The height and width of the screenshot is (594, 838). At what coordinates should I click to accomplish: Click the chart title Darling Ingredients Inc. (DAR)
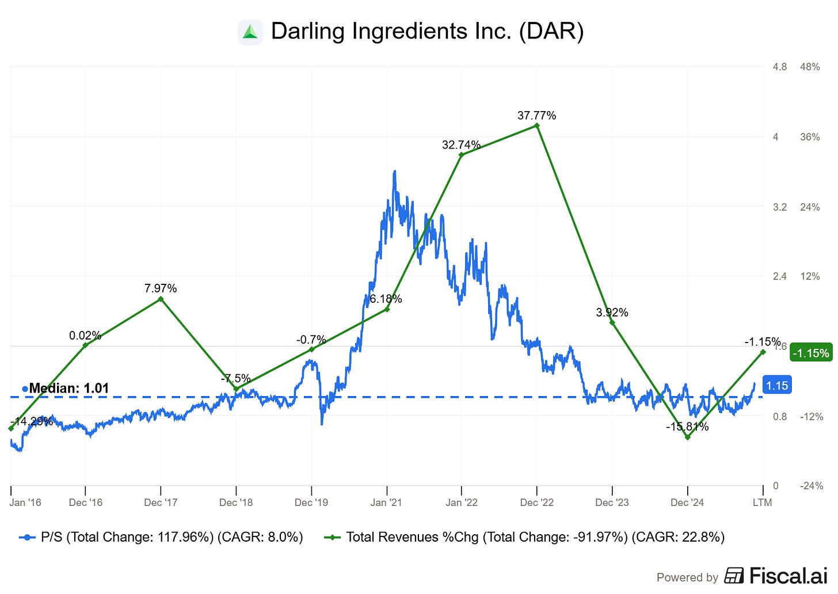coord(427,31)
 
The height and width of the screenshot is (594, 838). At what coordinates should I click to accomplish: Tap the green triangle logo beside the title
coord(250,32)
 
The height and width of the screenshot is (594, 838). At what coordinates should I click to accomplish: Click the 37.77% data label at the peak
coord(536,116)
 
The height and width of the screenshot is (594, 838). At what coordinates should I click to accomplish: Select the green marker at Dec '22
coord(537,125)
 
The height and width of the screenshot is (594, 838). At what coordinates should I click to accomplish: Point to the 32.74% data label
coord(461,145)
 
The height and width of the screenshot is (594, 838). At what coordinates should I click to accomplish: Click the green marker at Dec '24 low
coord(688,437)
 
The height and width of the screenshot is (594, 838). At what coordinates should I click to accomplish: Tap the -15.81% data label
coord(687,427)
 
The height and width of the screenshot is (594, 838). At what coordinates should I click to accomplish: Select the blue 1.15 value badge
coord(777,386)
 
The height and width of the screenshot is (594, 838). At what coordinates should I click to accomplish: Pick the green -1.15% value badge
coord(811,353)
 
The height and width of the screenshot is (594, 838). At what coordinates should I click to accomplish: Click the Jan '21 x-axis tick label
coord(386,502)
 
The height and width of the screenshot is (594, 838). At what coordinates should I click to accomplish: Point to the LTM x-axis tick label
coord(762,502)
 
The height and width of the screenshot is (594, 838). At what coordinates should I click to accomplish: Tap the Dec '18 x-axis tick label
coord(236,502)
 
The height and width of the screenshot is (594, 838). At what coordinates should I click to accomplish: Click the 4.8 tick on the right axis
coord(779,67)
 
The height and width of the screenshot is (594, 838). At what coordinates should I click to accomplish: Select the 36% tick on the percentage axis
coord(810,137)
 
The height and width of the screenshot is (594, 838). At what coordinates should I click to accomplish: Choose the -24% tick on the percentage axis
coord(812,486)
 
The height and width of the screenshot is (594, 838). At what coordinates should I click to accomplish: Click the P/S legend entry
coord(161,537)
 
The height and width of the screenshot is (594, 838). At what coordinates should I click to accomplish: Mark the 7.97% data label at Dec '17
coord(161,288)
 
